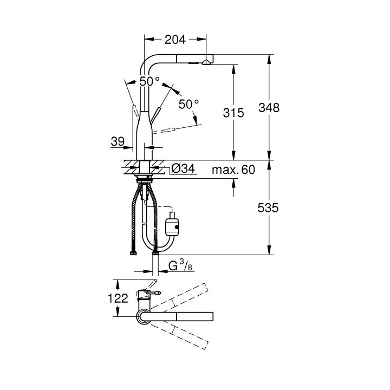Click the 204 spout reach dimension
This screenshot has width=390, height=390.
tap(175, 39)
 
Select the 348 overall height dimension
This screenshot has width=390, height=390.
tap(269, 107)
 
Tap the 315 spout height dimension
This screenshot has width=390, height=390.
tap(233, 113)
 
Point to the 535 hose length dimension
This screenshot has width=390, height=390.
tap(269, 209)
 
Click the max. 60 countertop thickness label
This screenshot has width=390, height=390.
tap(233, 170)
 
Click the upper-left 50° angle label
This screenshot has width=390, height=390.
tap(149, 81)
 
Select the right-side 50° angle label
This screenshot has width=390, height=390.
tap(189, 103)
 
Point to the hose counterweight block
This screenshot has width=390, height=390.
tap(173, 223)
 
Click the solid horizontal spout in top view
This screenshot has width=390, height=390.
tap(184, 316)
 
